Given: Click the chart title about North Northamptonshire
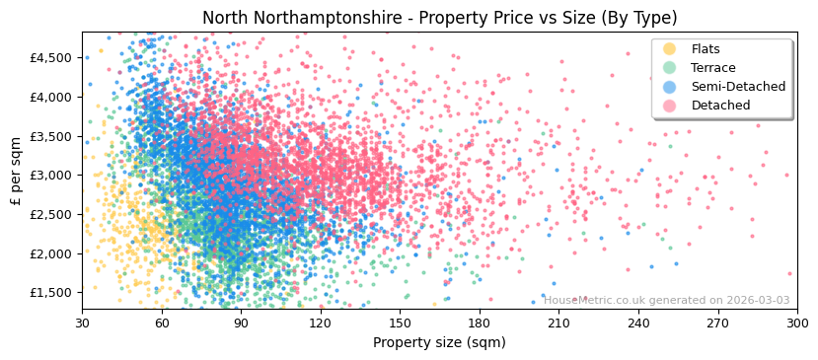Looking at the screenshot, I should coord(439,18).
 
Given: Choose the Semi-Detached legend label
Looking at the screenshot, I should coord(738,87).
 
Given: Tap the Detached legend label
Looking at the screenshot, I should coord(721,106).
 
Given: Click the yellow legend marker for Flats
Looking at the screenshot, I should coord(670,49).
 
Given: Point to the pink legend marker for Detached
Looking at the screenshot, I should coord(670,106).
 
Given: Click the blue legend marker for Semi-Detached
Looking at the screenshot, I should coord(670,87).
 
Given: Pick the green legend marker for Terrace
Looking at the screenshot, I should coord(670,68).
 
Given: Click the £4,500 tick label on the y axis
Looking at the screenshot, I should coord(50,58).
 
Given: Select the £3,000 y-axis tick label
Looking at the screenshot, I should coord(50,176).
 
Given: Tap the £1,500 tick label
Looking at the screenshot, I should coord(50,293).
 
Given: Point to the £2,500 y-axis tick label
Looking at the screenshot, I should coord(50,215).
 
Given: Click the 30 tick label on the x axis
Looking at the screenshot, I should coord(82,324).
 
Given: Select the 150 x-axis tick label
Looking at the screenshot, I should coord(400,324).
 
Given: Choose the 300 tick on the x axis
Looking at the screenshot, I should coord(796,324).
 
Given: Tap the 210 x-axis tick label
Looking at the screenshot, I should coord(558,324).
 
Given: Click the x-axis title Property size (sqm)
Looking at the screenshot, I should coord(439,343).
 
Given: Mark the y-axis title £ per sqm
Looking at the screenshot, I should coord(17,172).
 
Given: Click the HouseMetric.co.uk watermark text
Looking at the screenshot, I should coord(667,301).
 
